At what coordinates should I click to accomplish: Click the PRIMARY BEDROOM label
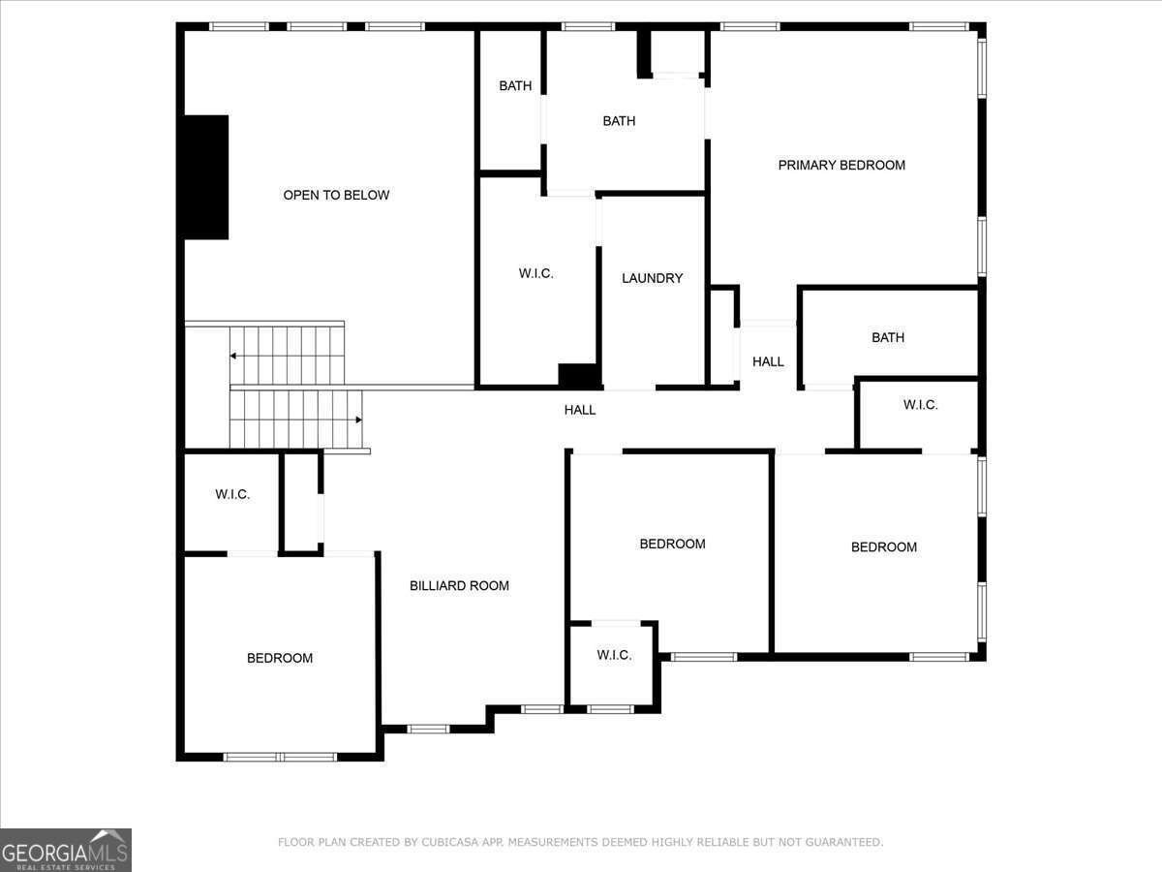click(x=841, y=165)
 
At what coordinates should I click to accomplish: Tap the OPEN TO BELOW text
click(x=336, y=195)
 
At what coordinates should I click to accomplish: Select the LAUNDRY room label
click(x=652, y=278)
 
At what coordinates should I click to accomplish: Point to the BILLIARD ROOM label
click(x=459, y=585)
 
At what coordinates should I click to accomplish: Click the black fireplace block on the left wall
click(x=206, y=177)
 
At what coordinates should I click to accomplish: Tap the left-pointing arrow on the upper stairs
click(x=233, y=357)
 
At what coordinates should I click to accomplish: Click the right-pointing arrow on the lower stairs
click(x=358, y=420)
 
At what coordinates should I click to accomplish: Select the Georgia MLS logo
click(x=66, y=850)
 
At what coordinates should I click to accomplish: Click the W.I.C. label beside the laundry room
click(x=535, y=273)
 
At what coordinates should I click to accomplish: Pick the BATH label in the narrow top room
click(x=515, y=85)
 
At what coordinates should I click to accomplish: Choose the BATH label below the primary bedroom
click(x=887, y=337)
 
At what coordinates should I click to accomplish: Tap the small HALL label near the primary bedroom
click(x=768, y=361)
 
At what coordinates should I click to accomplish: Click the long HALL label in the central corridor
click(x=580, y=410)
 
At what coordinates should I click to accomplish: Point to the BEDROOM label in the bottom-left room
click(x=280, y=658)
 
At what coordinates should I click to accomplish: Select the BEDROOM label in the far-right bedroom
click(x=883, y=546)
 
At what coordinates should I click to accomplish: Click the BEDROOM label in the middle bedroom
click(x=672, y=544)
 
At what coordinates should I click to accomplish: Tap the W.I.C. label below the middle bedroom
click(x=614, y=655)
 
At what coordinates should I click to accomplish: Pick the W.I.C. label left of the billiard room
click(x=232, y=494)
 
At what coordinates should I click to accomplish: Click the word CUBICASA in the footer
click(x=454, y=842)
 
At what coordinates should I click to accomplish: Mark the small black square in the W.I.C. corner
click(x=578, y=375)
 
